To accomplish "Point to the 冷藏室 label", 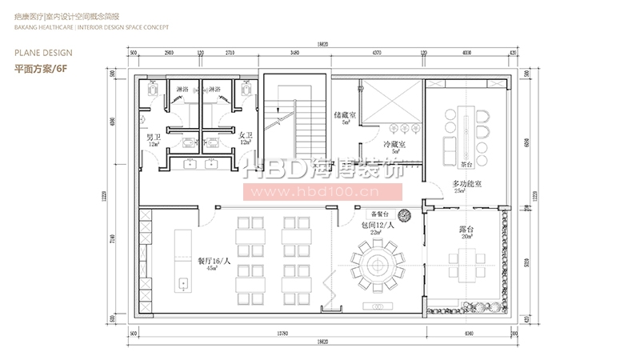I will click(394, 145).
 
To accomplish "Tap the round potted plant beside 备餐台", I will click(405, 214).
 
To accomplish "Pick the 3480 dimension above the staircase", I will click(295, 52).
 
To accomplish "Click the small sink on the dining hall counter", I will click(182, 282).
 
